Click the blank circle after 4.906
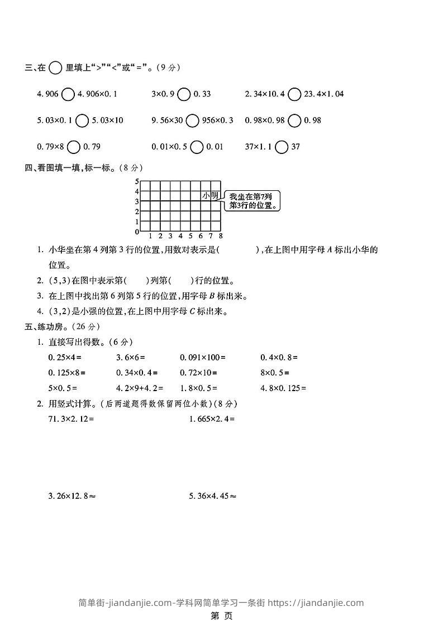pyautogui.click(x=68, y=94)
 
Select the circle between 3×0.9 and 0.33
pyautogui.click(x=184, y=94)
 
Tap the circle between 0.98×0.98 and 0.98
pyautogui.click(x=296, y=121)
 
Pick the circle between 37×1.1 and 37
pyautogui.click(x=282, y=147)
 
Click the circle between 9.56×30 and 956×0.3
pyautogui.click(x=192, y=121)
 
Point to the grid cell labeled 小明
pyautogui.click(x=211, y=196)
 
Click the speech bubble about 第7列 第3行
pyautogui.click(x=253, y=201)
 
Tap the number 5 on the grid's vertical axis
pyautogui.click(x=136, y=182)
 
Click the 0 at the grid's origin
pyautogui.click(x=136, y=232)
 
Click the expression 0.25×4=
pyautogui.click(x=65, y=357)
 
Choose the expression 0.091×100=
pyautogui.click(x=202, y=357)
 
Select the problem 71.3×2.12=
pyautogui.click(x=72, y=418)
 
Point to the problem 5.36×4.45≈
pyautogui.click(x=212, y=495)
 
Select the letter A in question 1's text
pyautogui.click(x=336, y=250)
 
